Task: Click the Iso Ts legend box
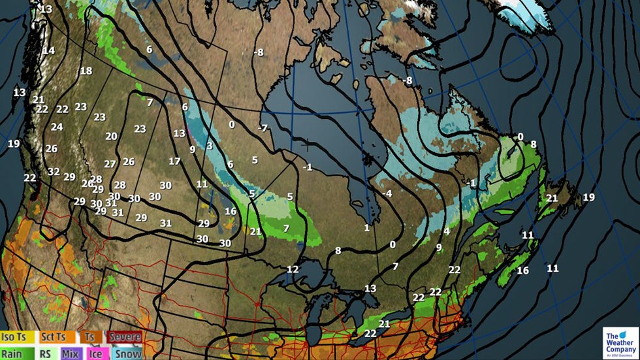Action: coord(17,337)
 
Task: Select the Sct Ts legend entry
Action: coord(53,337)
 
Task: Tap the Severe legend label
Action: coord(124,337)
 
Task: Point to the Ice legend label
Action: coord(95,353)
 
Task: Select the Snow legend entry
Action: coord(127,353)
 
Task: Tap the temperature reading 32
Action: coord(54,172)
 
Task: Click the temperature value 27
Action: coord(110,164)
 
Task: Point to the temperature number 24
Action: coord(57,127)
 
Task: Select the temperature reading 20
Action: coord(111,137)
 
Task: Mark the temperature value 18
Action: coord(86,71)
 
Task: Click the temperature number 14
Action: coord(48,50)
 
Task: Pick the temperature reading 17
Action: coord(174,161)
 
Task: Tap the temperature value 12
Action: coord(293,269)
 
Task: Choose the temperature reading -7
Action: coord(263,127)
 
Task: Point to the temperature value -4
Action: coord(387,193)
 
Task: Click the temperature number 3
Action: coord(210,146)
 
